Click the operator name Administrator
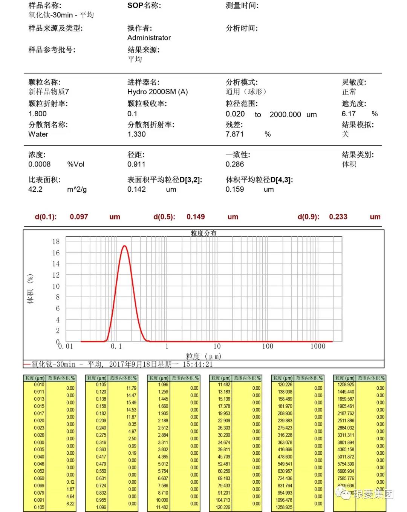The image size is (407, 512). (x=149, y=38)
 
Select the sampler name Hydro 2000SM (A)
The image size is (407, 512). (x=158, y=92)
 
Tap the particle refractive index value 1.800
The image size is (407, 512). (x=37, y=114)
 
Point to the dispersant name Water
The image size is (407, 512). (x=38, y=134)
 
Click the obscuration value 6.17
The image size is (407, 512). (x=349, y=114)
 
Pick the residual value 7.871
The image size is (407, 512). (x=234, y=134)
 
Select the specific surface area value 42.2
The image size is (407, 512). (x=35, y=189)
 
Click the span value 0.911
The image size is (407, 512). (x=136, y=164)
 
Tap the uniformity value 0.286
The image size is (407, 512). (x=234, y=164)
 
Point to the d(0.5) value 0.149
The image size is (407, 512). (x=196, y=217)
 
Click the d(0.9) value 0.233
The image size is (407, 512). (x=338, y=217)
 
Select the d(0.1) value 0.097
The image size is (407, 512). (x=79, y=217)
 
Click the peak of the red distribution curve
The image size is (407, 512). (x=124, y=246)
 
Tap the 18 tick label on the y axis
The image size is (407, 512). (x=56, y=241)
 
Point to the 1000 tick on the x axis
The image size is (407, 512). (x=318, y=346)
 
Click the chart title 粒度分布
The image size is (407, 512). (x=203, y=233)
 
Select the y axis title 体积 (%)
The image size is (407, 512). (x=30, y=289)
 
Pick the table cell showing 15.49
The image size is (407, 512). (x=131, y=403)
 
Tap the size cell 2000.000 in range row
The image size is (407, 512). (x=285, y=114)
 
